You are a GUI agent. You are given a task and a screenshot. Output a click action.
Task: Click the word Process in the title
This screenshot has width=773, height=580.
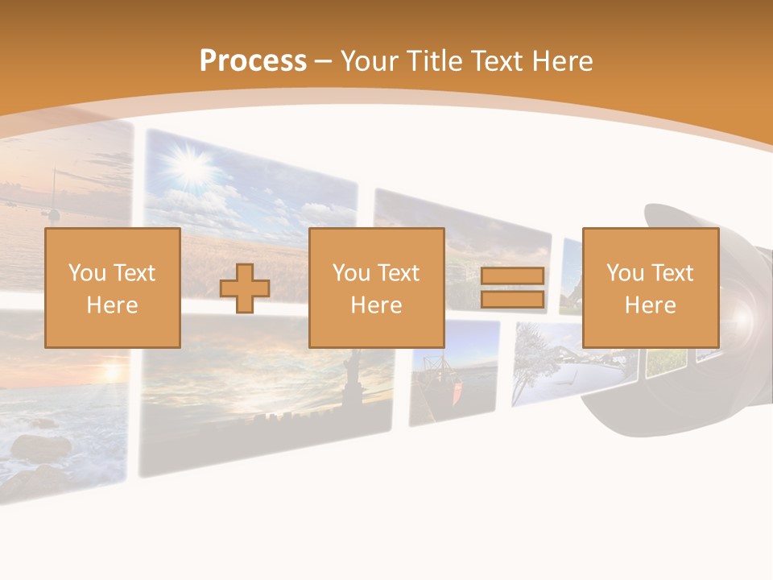(253, 60)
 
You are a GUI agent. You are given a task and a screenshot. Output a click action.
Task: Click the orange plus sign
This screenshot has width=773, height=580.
(245, 288)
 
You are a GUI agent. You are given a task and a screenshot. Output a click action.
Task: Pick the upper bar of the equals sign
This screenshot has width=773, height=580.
(512, 275)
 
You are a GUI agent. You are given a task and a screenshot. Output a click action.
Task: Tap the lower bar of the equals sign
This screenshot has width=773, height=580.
(512, 300)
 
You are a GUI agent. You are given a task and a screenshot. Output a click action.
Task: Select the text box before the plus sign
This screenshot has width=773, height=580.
(113, 288)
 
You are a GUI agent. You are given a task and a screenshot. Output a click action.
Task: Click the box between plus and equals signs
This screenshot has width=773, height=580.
(377, 288)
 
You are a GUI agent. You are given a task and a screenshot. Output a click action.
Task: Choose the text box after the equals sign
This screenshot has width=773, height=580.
(651, 288)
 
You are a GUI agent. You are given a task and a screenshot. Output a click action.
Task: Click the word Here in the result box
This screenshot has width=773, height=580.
(651, 305)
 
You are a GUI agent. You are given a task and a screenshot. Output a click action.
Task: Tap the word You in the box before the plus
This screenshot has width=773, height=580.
(88, 272)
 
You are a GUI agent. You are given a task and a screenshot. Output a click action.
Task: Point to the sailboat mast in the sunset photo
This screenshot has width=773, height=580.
(54, 193)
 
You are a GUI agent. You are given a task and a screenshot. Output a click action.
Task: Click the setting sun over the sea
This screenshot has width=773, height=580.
(110, 372)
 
